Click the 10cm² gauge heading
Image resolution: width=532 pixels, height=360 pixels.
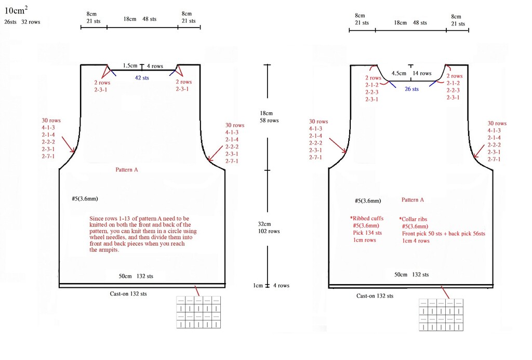coord(16,10)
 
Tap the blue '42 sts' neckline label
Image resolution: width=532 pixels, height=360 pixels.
coord(142,78)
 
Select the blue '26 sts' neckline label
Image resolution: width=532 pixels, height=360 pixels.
coord(411,89)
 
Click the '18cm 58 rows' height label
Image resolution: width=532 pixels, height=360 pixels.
coord(269,117)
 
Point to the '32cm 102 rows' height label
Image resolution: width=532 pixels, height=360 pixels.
coord(269,228)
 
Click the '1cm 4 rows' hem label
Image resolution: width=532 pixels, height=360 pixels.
coord(271,285)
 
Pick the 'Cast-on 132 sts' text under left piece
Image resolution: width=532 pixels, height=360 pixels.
coord(128,294)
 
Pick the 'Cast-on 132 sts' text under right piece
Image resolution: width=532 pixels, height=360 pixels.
coord(375,296)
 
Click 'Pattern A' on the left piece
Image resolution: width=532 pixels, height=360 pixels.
coord(127,170)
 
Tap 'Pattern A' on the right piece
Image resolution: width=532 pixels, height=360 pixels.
coord(413,200)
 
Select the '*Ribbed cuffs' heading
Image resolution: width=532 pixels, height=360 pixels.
coord(366,219)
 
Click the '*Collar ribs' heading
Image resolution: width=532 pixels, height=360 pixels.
coord(413,219)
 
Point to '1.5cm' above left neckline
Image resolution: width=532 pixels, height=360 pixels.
coord(130,65)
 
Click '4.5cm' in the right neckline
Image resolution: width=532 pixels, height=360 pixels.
coord(398,73)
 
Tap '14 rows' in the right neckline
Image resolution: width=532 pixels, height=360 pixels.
coord(422,73)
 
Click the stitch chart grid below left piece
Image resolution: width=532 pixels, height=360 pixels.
coord(198,312)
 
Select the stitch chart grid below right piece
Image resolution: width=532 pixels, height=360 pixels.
coord(441,315)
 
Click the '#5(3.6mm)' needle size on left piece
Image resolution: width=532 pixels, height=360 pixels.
coord(85,199)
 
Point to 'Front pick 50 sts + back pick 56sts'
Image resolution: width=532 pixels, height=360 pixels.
coord(444,234)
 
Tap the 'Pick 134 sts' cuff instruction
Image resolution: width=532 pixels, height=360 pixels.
coord(367,233)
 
